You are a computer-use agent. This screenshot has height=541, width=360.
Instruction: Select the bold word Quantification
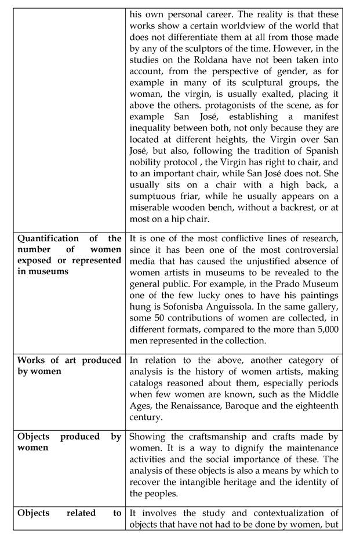(48, 238)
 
